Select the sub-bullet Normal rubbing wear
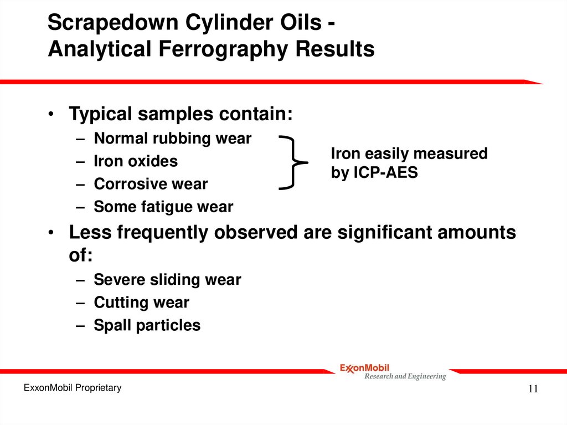172,139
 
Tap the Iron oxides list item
136,161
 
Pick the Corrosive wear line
151,184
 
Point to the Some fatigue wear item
163,207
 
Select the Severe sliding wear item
167,280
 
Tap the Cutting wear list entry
141,303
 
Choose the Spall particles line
147,325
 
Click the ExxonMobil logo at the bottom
364,367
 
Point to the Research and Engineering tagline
404,377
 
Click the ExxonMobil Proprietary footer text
72,388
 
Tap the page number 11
533,389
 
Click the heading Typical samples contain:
180,114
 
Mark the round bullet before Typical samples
50,115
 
